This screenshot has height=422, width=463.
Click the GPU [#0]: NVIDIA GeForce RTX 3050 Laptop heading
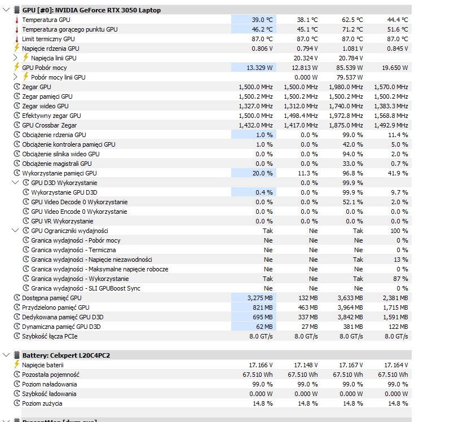91,10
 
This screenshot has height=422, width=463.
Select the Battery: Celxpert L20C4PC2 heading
66,355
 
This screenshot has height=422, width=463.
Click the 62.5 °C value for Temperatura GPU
352,20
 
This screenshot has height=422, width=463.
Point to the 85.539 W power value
349,68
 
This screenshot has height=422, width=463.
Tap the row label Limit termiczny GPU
48,39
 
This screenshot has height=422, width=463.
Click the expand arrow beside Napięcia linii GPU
15,58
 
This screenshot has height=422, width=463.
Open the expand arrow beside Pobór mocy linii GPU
15,77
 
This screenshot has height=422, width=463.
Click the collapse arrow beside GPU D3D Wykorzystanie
15,182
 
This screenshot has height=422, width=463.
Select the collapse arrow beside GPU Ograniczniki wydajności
15,230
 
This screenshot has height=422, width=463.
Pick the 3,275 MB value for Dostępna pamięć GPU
260,298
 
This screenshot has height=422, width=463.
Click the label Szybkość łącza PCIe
50,336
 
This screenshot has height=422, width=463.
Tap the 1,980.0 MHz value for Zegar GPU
346,87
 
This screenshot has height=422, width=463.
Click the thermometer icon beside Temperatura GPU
17,20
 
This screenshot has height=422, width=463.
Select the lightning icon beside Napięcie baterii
17,364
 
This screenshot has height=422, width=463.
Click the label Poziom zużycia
42,403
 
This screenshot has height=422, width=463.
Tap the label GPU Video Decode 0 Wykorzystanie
80,202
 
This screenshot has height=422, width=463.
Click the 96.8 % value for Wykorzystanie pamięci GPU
352,173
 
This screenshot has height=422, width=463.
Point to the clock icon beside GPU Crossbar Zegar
17,125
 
